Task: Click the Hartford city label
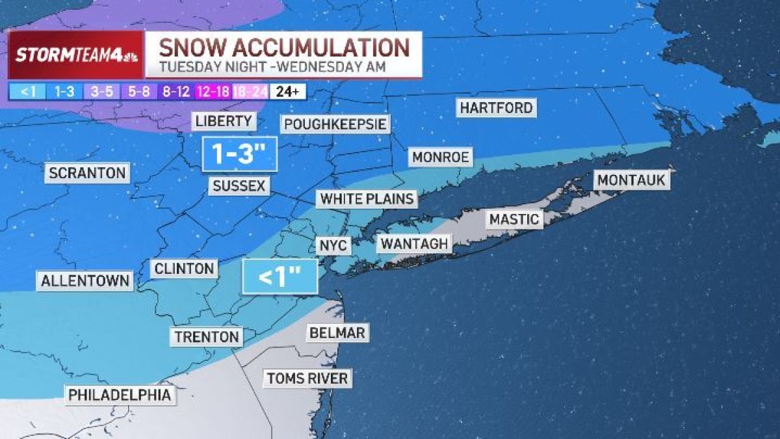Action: (497, 107)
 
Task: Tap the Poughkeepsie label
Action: (335, 124)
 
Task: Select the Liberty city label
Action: (224, 121)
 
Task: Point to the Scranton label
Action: (87, 173)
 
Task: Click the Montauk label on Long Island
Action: (632, 180)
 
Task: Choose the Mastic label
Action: (514, 219)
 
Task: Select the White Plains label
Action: (367, 198)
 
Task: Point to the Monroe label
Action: (440, 157)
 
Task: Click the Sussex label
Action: (239, 186)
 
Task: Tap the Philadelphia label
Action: (120, 394)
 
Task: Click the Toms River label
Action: (307, 378)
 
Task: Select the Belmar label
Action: (337, 333)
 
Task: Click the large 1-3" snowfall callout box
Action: (240, 155)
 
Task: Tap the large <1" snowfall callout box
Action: (279, 277)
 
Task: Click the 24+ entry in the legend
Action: (289, 92)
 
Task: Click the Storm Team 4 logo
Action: (75, 55)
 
